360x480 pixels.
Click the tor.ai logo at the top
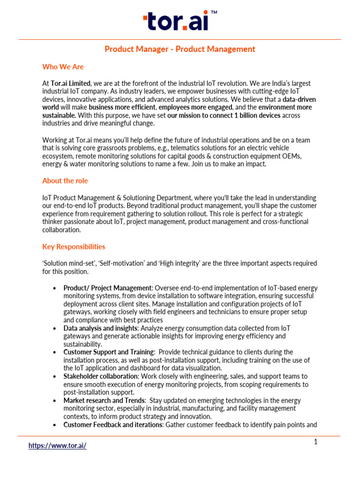tap(176, 22)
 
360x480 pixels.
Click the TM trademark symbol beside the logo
tap(214, 14)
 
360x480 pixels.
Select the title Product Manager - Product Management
tap(180, 49)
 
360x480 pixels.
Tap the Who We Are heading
tap(63, 67)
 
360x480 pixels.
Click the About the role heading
tap(65, 181)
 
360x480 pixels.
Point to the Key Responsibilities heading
tap(74, 247)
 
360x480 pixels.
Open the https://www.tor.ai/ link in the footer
tap(58, 446)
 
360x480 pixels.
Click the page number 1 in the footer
tap(316, 442)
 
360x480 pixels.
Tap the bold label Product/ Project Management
tap(108, 288)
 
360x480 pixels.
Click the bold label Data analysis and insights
tap(100, 328)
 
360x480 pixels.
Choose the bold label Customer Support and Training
tap(109, 352)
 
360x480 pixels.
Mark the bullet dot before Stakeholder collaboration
tap(55, 376)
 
